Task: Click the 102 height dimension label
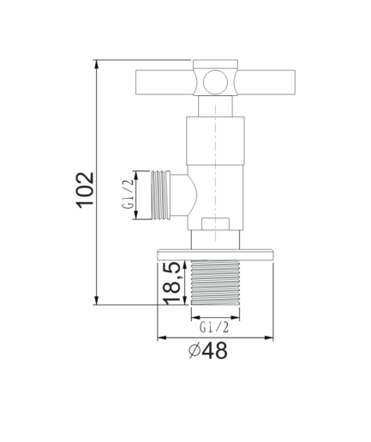pos(85,190)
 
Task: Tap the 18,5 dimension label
pos(171,283)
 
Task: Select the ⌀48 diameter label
pos(208,350)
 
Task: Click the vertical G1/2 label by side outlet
pos(128,194)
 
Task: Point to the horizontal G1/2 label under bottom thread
pos(214,327)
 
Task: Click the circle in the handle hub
pos(215,82)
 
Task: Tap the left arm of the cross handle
pos(165,82)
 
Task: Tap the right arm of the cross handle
pos(266,82)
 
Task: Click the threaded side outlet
pos(160,195)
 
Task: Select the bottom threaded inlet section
pos(215,283)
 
